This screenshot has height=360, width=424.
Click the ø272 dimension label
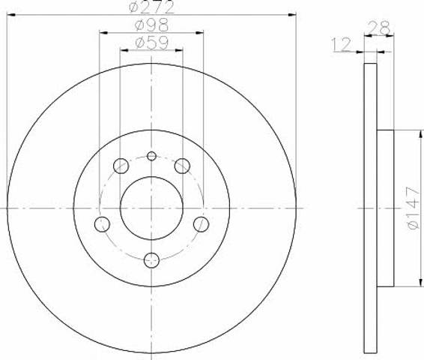[x=152, y=7]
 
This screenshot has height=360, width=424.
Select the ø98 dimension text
[x=152, y=25]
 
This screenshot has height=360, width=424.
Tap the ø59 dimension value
[x=152, y=42]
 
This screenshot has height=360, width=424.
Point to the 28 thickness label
[x=379, y=28]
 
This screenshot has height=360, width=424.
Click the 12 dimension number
[x=341, y=44]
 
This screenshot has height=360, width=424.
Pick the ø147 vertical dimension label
[x=414, y=208]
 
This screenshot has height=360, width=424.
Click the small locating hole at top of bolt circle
[x=152, y=156]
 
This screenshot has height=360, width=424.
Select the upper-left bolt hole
[x=121, y=166]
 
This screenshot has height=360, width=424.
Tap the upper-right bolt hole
[x=182, y=166]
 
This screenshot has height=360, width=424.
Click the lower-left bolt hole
[x=102, y=224]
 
